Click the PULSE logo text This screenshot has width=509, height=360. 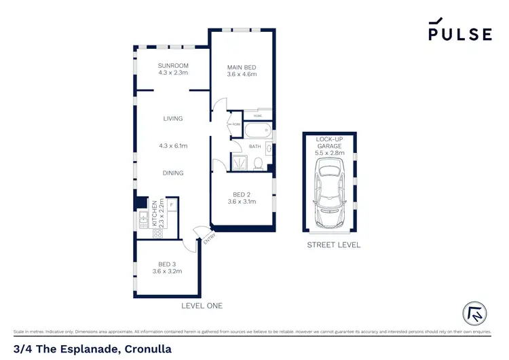click(x=459, y=34)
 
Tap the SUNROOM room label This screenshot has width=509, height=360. click(x=173, y=67)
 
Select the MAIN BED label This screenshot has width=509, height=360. click(x=242, y=67)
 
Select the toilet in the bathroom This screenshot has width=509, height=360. click(x=259, y=163)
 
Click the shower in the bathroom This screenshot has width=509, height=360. click(x=240, y=162)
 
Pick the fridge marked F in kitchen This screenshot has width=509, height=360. click(x=172, y=204)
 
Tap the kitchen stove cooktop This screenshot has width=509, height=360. click(x=157, y=233)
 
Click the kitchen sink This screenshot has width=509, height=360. click(x=143, y=217)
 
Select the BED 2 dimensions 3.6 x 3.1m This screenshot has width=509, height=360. click(x=242, y=201)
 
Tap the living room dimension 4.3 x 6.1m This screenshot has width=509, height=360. click(x=173, y=145)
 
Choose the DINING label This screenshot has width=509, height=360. click(x=173, y=173)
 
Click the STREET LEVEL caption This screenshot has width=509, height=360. click(x=333, y=245)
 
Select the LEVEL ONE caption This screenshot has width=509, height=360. click(x=202, y=306)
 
